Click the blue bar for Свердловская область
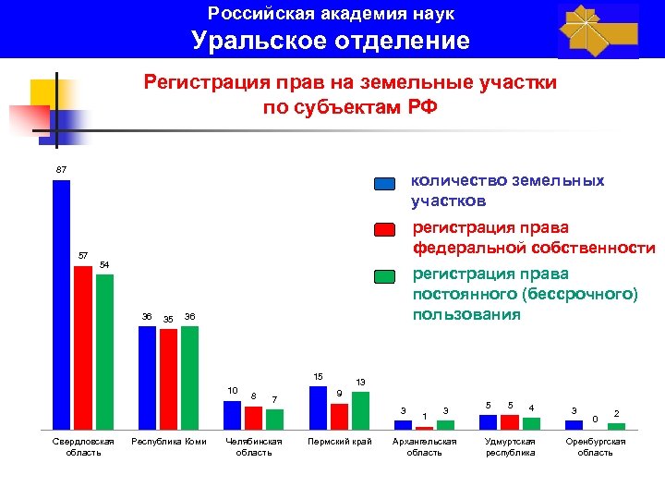point(61,305)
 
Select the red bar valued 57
point(83,348)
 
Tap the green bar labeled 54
point(104,352)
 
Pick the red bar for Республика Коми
point(168,380)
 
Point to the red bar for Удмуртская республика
point(510,422)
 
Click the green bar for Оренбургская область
point(616,427)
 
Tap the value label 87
point(61,170)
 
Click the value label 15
point(318,377)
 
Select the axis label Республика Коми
point(169,442)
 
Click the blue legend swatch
point(385,184)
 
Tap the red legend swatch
point(385,230)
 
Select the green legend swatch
point(385,276)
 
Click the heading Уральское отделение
point(331,41)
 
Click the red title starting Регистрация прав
point(350,95)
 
